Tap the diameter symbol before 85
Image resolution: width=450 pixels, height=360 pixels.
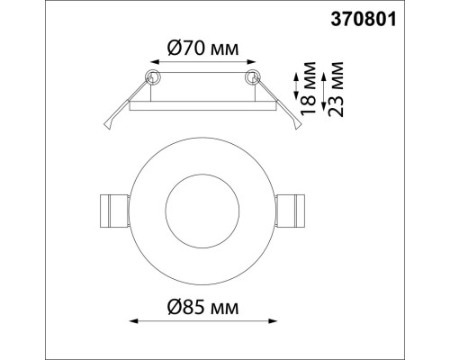click(175, 309)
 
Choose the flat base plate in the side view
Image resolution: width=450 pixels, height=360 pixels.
click(203, 106)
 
